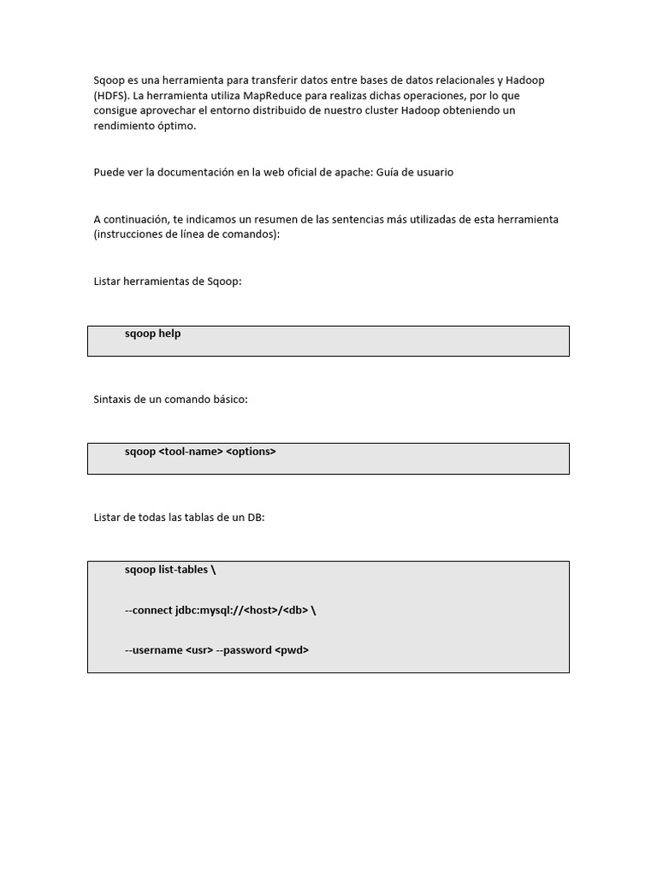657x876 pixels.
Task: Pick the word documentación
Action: coord(187,172)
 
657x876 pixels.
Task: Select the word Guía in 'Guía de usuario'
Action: coord(389,172)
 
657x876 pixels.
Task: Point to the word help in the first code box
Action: coord(169,334)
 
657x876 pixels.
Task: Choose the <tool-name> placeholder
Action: coord(191,452)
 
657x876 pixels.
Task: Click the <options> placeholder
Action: coord(252,452)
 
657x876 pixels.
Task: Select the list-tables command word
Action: coord(183,570)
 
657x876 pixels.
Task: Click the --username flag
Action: coord(154,650)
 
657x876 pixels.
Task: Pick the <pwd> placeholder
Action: coord(292,650)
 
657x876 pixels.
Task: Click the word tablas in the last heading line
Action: coord(188,517)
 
